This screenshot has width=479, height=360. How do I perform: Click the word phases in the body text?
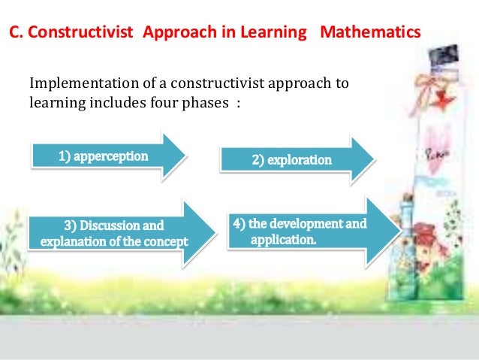pyautogui.click(x=201, y=102)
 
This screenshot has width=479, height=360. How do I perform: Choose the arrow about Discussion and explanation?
pyautogui.click(x=113, y=232)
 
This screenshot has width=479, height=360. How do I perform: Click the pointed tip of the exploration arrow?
pyautogui.click(x=372, y=160)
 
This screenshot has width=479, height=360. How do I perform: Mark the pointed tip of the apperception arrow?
pyautogui.click(x=184, y=157)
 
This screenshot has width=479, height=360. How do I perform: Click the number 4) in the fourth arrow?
pyautogui.click(x=239, y=223)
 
